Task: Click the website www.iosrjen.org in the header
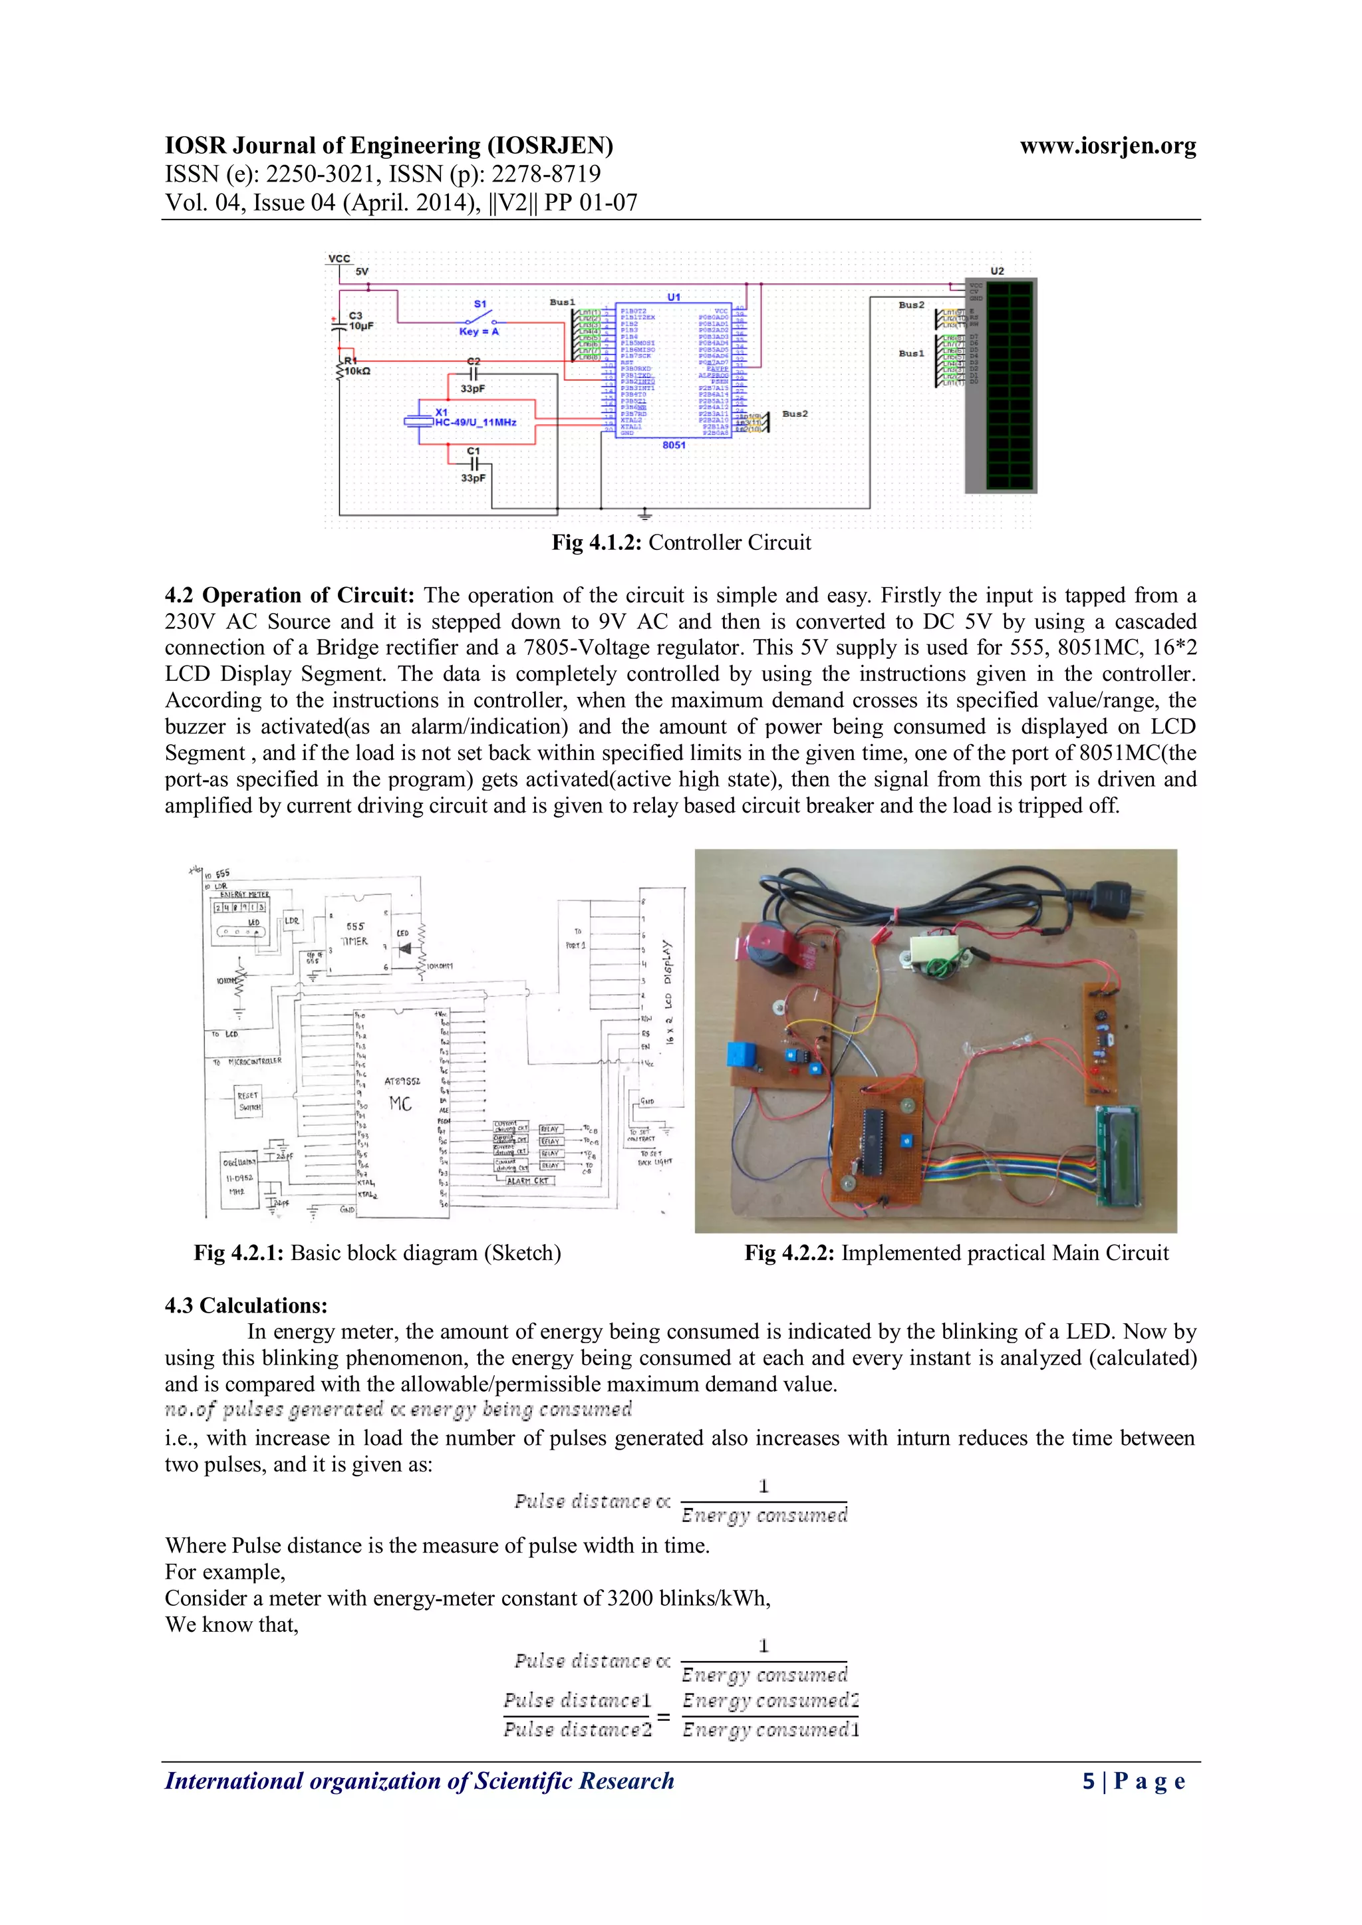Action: click(x=1107, y=147)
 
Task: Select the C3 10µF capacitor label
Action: click(x=360, y=321)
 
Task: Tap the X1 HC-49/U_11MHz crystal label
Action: click(x=475, y=418)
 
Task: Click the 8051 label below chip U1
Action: click(x=674, y=446)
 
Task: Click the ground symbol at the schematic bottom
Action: click(x=645, y=513)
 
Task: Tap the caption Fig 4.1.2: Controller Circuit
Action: click(x=681, y=543)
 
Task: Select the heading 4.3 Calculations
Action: click(x=245, y=1305)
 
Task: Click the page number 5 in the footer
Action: click(x=1089, y=1781)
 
